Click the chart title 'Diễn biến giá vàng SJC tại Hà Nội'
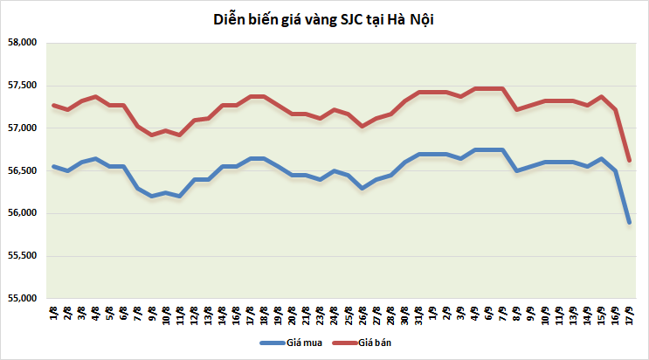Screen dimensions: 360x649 point(324,18)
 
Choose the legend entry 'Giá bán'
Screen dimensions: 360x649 point(372,343)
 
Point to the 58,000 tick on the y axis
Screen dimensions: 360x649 point(21,43)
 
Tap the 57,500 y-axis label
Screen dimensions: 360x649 point(21,86)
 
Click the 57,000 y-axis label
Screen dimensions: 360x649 point(21,128)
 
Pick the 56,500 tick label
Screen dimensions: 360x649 point(21,171)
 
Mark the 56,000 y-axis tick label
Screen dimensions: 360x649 point(21,214)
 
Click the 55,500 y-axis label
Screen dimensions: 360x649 point(21,256)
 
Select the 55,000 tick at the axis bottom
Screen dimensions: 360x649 point(21,299)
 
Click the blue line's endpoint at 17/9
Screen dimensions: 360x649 point(629,223)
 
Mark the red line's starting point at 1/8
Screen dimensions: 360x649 point(54,106)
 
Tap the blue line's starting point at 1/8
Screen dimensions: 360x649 point(54,166)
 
